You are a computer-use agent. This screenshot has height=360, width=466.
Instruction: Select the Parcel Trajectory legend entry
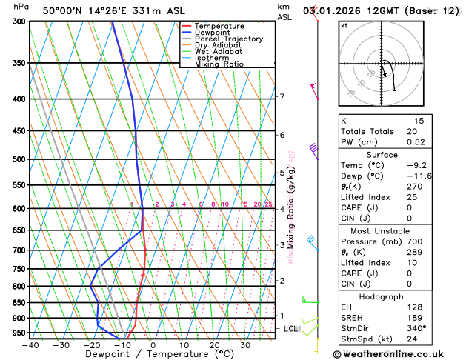(x=228, y=39)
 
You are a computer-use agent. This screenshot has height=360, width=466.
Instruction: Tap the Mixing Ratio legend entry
(x=219, y=64)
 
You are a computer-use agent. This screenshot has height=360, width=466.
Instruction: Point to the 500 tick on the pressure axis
(x=20, y=159)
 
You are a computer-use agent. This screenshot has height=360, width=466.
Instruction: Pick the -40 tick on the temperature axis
(x=30, y=345)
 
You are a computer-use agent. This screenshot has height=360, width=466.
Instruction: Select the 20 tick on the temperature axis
(x=214, y=345)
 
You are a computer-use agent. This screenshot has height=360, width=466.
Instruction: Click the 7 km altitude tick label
(x=282, y=97)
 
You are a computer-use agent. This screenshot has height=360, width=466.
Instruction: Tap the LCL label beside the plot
(x=290, y=328)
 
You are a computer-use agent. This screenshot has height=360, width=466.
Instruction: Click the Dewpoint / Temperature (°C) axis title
(x=153, y=355)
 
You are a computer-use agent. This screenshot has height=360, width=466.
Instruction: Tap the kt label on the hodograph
(x=344, y=26)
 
